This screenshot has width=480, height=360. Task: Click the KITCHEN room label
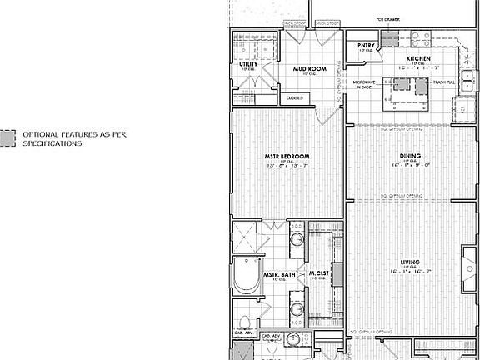pos(418,58)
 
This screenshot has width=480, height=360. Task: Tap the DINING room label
pos(409,156)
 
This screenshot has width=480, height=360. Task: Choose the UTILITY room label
pos(247,63)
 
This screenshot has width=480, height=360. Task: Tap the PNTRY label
pos(365,46)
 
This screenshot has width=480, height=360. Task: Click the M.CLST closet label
pos(321,272)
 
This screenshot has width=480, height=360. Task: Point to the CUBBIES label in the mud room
pos(295,98)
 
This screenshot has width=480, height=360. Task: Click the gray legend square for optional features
pos(8,137)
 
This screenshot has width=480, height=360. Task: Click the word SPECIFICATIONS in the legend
pos(52,143)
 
